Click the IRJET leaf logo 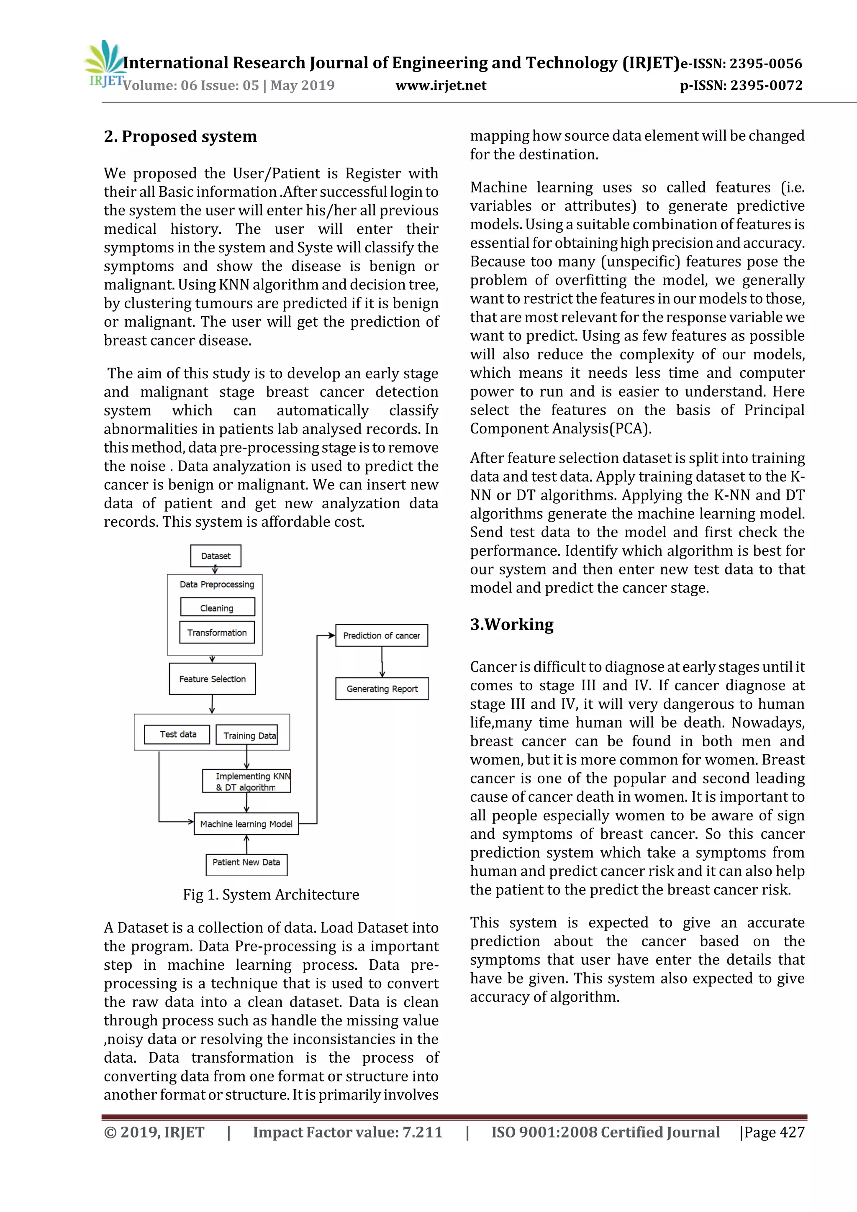tap(105, 62)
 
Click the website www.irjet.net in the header tap(441, 85)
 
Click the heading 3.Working tap(512, 625)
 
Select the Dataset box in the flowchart tap(216, 556)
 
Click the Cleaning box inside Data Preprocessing tap(217, 607)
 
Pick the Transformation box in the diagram tap(217, 633)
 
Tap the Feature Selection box tap(212, 679)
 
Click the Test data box tap(177, 734)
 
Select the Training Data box tap(247, 735)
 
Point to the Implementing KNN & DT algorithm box tap(246, 781)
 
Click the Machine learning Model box tap(246, 823)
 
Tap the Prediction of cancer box tap(381, 635)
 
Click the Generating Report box tap(382, 689)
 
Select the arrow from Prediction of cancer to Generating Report tap(382, 662)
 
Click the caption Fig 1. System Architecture tap(271, 895)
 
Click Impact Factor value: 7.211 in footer tap(347, 1132)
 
